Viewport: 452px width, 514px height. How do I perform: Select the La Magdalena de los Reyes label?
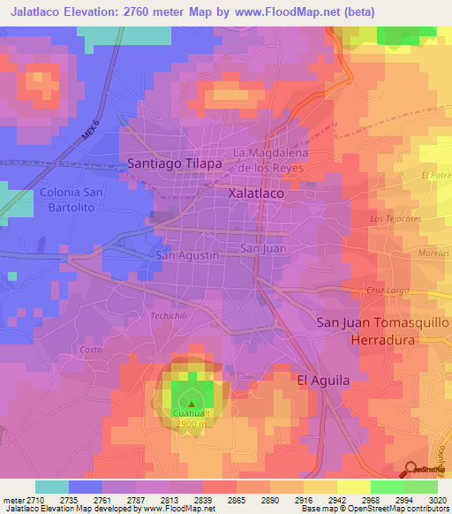click(x=275, y=160)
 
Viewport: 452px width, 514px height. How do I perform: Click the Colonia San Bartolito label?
click(x=78, y=200)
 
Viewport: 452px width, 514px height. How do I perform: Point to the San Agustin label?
click(x=187, y=255)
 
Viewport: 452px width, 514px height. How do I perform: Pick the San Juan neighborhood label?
click(x=262, y=249)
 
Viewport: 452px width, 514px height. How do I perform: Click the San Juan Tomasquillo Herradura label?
click(x=382, y=331)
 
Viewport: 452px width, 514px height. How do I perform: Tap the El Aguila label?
click(x=323, y=380)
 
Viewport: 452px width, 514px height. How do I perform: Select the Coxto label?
click(x=91, y=349)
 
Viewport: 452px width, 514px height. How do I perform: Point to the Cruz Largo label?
click(x=384, y=290)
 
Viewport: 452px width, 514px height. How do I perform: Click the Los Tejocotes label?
click(x=393, y=218)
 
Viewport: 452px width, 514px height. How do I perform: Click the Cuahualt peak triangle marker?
click(x=192, y=404)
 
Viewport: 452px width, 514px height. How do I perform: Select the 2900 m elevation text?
click(x=192, y=425)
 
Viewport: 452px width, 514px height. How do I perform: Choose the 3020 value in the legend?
click(x=436, y=498)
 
